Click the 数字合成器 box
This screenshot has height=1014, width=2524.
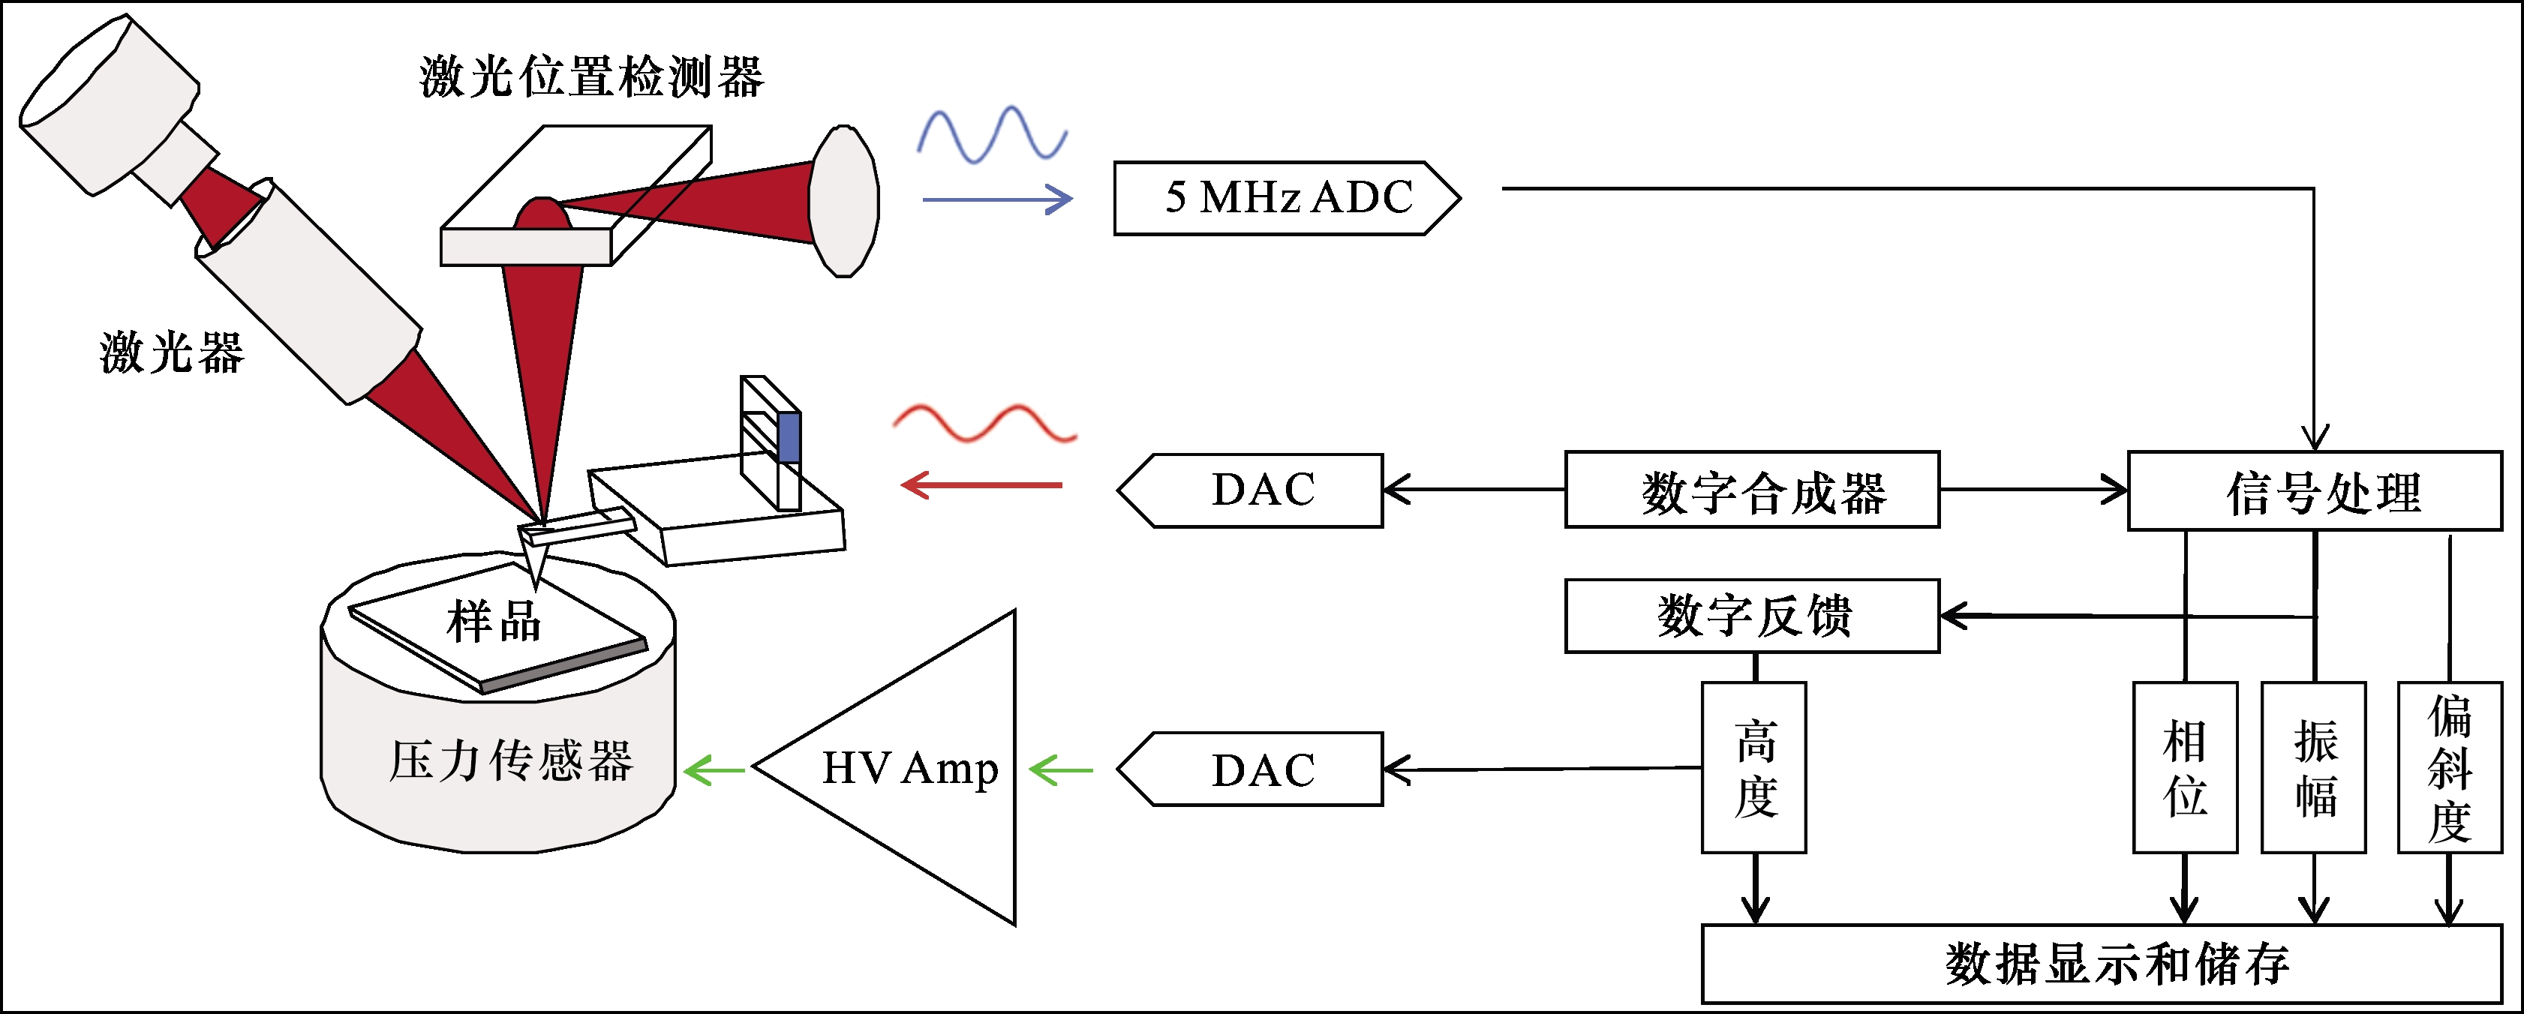[x=1752, y=490]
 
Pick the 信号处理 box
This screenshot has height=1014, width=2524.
[x=2315, y=490]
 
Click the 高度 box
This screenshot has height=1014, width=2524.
[x=1754, y=767]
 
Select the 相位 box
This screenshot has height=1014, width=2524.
[x=2185, y=767]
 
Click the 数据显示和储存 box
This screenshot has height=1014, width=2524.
[x=2111, y=964]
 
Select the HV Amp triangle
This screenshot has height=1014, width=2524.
[x=911, y=768]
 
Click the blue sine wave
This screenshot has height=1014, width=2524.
[x=992, y=135]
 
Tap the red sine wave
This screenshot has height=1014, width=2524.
[x=984, y=422]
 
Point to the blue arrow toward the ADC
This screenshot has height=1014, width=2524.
[x=997, y=199]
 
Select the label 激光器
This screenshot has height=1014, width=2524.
[x=172, y=352]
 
